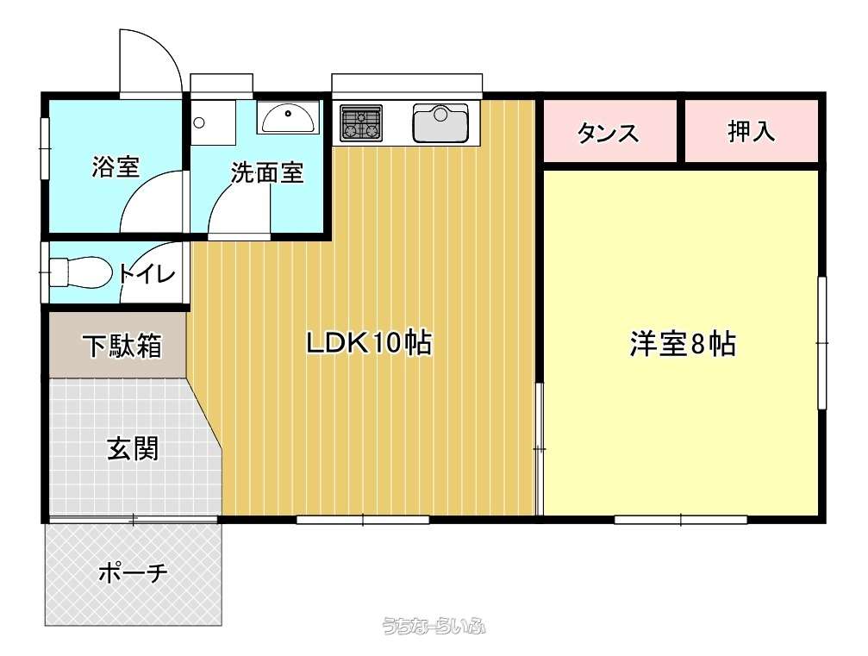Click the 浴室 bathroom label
click(x=116, y=166)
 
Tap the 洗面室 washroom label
click(x=267, y=173)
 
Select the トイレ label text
click(x=147, y=273)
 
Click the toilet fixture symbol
click(x=79, y=272)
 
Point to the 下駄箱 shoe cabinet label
click(x=122, y=346)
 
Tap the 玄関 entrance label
click(x=133, y=448)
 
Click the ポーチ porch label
click(x=133, y=572)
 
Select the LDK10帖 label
click(x=369, y=342)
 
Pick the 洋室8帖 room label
click(x=683, y=343)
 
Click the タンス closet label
click(x=608, y=133)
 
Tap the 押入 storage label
click(x=751, y=131)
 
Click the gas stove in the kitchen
click(x=361, y=122)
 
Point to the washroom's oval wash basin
click(x=289, y=117)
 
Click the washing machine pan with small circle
click(x=214, y=122)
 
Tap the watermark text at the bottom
click(x=434, y=626)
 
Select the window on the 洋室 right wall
click(x=822, y=343)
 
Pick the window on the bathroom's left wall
click(x=45, y=148)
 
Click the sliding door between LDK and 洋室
click(x=539, y=448)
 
